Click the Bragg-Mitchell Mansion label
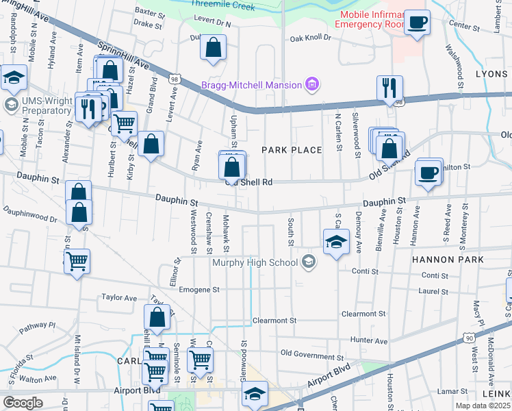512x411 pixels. tap(251, 85)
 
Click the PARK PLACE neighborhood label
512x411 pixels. tap(292, 150)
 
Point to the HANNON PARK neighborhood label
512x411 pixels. tap(448, 260)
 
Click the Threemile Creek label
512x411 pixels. tap(225, 7)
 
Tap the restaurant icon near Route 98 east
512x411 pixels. tap(389, 88)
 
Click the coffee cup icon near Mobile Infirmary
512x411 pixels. tap(416, 23)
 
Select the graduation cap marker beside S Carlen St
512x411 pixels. tap(336, 242)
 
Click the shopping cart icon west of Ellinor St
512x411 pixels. tap(77, 260)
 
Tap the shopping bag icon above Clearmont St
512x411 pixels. tap(157, 317)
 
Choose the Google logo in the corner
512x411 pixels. tap(23, 402)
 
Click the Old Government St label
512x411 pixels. tap(311, 356)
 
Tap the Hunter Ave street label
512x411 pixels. tap(368, 340)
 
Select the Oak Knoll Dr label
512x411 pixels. tap(315, 39)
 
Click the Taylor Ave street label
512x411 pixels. tap(119, 298)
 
